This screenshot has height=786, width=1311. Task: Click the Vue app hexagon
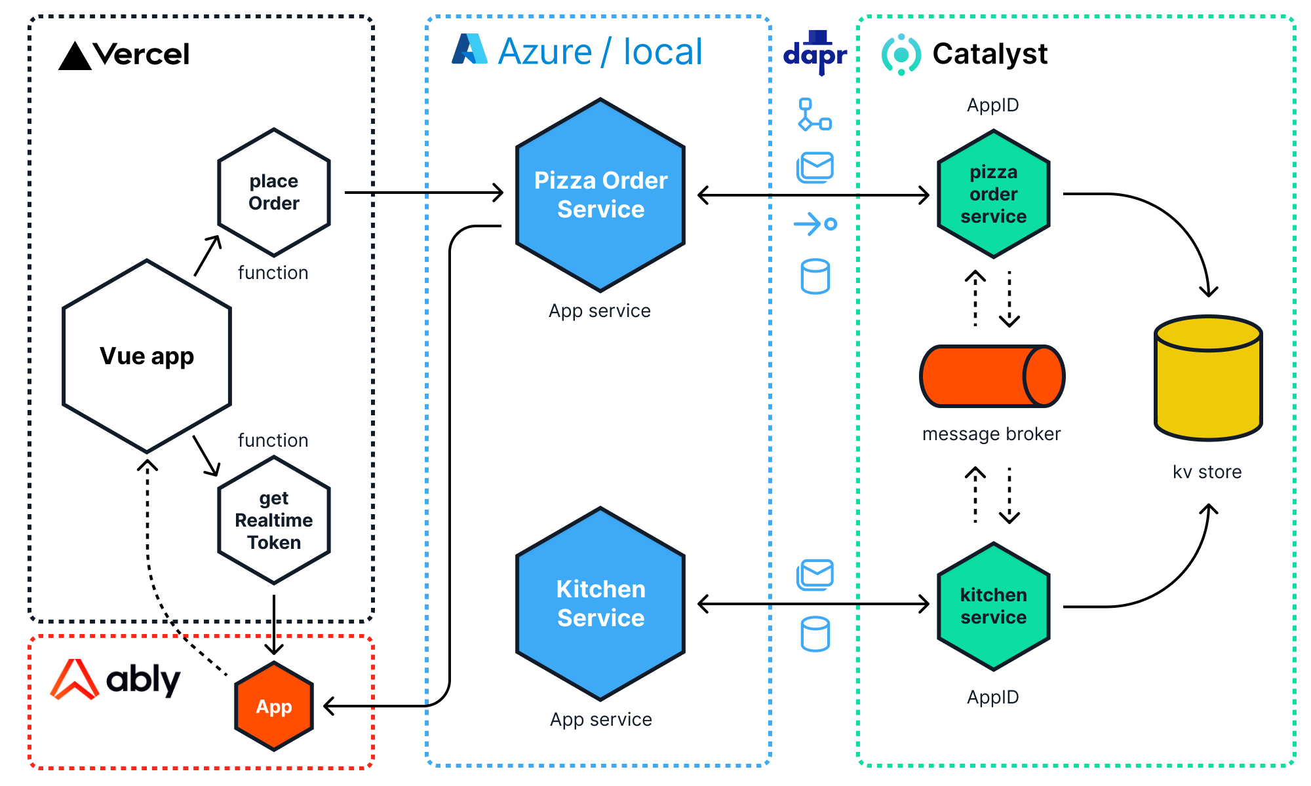[147, 356]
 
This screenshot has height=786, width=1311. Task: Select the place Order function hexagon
[274, 192]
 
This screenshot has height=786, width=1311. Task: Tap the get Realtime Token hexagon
[274, 520]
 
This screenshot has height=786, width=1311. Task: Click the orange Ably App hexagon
[274, 706]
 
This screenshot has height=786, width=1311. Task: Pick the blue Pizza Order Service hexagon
[600, 195]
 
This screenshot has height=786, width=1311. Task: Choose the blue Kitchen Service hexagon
[600, 603]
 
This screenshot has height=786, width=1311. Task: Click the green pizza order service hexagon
[994, 194]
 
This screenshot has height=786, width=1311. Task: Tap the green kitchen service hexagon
[994, 606]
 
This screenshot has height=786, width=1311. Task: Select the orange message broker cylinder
[992, 376]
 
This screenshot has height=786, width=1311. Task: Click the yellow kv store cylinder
[1208, 380]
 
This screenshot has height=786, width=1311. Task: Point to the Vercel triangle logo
[75, 56]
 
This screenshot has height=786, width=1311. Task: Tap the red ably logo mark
[75, 680]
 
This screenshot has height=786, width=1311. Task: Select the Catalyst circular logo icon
[901, 54]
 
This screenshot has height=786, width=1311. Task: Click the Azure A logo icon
[469, 49]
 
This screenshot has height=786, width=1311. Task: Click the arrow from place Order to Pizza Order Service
[423, 193]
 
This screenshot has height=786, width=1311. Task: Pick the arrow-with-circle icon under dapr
[815, 224]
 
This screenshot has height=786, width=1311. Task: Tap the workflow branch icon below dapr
[815, 115]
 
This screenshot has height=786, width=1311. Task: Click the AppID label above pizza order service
[992, 105]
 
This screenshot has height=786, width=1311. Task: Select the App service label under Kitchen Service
[600, 719]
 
